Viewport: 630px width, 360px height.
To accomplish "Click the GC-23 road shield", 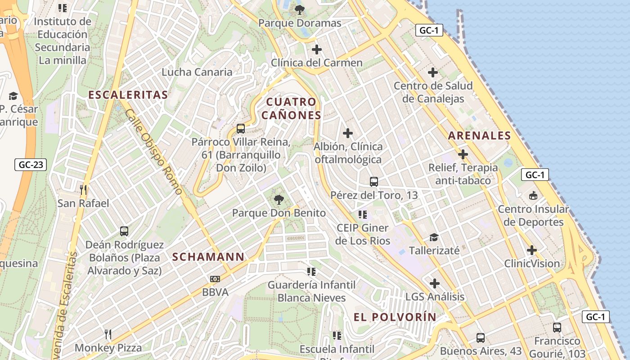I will tap(31, 165).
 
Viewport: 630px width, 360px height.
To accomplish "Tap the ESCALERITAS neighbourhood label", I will tap(128, 95).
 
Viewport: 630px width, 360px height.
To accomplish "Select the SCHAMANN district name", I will tap(208, 257).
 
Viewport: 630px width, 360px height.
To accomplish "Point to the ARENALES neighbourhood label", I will tap(480, 135).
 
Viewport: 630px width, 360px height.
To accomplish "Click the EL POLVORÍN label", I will tap(395, 317).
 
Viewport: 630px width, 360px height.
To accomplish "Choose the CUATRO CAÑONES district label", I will tap(292, 108).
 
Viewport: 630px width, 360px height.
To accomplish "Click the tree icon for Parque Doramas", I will tap(299, 9).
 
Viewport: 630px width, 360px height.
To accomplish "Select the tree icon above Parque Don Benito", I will tap(279, 199).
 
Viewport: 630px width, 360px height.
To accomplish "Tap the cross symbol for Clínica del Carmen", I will tap(317, 49).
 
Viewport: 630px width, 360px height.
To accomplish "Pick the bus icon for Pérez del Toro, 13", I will tap(374, 182).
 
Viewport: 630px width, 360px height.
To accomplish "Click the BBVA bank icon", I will tap(215, 279).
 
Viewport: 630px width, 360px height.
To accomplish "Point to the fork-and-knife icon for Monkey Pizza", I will tap(108, 334).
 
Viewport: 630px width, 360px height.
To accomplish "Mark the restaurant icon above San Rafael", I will tap(83, 189).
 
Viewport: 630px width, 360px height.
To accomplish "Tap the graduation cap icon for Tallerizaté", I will tap(434, 237).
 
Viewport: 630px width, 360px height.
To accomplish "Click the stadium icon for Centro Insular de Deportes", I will tap(533, 196).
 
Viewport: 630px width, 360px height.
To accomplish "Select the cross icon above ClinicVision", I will tap(532, 250).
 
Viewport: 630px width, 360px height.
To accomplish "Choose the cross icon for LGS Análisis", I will tap(435, 283).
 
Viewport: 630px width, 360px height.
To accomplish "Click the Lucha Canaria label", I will tap(197, 72).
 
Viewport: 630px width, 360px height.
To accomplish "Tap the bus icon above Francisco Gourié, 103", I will tap(557, 327).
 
